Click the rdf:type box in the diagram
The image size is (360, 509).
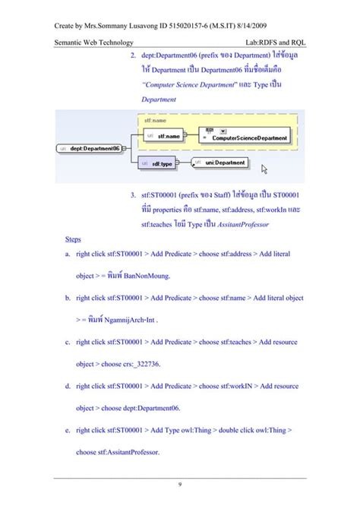pos(162,163)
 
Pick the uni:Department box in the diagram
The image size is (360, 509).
pos(219,163)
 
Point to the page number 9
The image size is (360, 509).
pos(179,485)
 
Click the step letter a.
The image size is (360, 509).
pos(68,254)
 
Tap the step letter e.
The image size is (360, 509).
pos(68,430)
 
